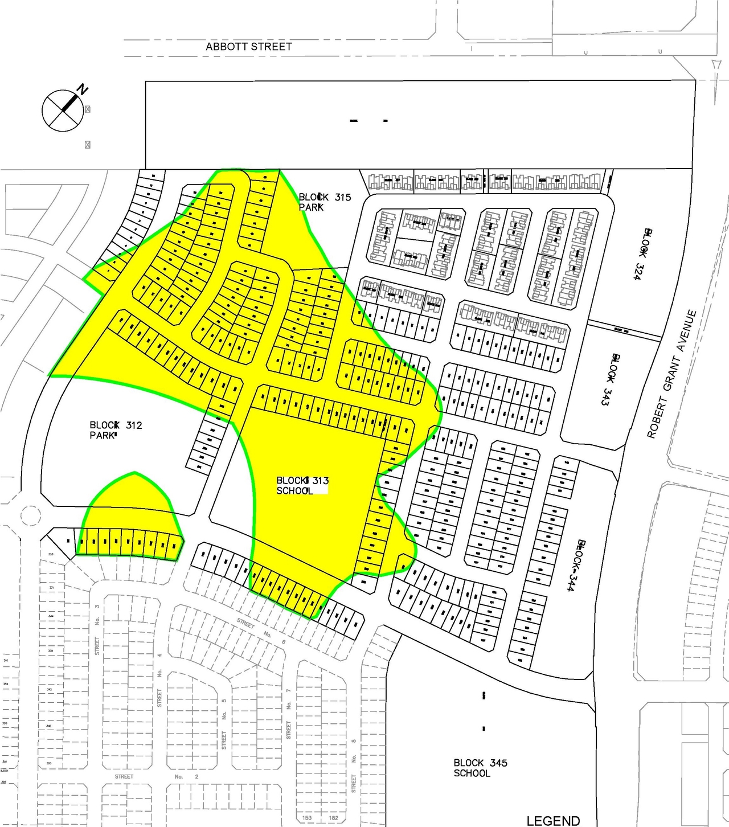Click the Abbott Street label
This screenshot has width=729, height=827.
(x=249, y=47)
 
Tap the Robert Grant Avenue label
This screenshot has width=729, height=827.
(x=672, y=374)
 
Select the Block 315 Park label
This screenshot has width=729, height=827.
(x=325, y=202)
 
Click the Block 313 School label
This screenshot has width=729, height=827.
(x=302, y=486)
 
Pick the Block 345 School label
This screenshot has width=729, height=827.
(x=480, y=768)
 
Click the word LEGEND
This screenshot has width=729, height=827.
(x=553, y=821)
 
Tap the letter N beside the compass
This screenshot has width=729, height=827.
(x=83, y=90)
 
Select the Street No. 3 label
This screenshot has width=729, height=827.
(x=97, y=629)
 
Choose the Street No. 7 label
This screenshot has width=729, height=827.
(x=289, y=714)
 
